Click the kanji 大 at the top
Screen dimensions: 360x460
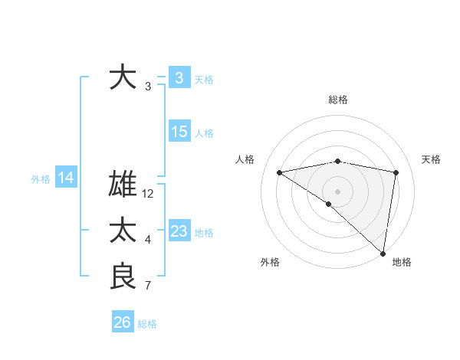coord(123,77)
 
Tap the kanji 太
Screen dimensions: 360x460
coord(123,231)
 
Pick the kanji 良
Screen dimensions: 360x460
coord(123,277)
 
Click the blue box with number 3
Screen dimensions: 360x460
coord(179,77)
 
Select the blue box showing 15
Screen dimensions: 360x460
coord(179,132)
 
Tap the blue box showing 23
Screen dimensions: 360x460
coord(179,231)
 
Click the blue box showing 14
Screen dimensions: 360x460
coord(66,178)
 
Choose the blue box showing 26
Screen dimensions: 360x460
coord(122,322)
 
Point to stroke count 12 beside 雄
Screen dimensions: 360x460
coord(148,194)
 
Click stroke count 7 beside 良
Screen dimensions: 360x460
coord(148,286)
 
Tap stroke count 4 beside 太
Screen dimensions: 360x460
coord(148,240)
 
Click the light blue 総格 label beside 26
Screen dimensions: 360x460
coord(147,324)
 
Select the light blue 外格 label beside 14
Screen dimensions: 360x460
coord(41,179)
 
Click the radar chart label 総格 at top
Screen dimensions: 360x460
coord(338,100)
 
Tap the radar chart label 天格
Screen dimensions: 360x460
coord(432,159)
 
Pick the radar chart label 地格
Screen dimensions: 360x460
coord(402,262)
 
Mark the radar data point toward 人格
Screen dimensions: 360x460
coord(280,172)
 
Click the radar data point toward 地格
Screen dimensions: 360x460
coord(382,252)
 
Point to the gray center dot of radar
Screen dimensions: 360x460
coord(337,191)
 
